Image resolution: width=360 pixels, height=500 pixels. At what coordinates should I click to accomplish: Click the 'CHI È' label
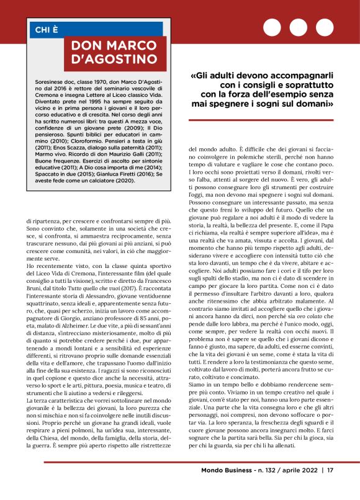click(x=46, y=28)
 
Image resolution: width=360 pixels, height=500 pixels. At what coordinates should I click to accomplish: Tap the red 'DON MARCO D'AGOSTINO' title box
click(x=115, y=53)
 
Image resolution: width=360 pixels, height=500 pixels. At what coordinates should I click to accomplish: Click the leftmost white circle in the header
click(x=272, y=28)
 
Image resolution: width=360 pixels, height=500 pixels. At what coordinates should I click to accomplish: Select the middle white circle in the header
click(x=299, y=28)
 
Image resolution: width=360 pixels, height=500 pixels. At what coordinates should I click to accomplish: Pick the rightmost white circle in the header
click(x=325, y=28)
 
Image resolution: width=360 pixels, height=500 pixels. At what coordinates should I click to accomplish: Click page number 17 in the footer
click(x=331, y=488)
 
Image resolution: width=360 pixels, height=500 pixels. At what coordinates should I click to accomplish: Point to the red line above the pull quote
click(x=261, y=65)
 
